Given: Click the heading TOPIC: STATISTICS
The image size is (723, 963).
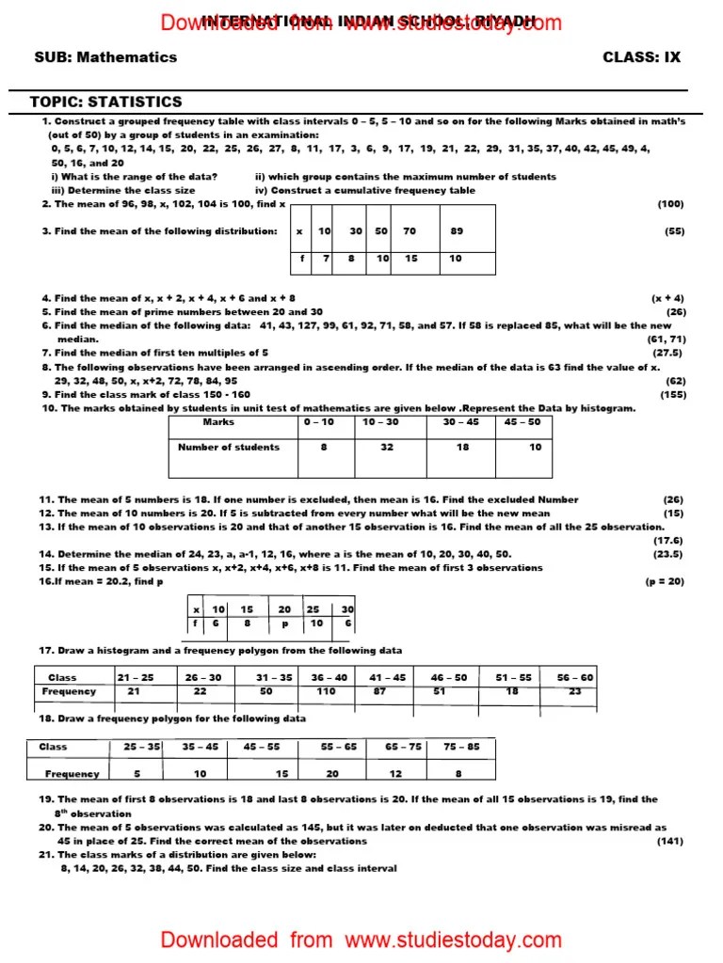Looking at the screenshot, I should [x=106, y=102].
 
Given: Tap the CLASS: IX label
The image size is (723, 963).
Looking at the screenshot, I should [x=641, y=57].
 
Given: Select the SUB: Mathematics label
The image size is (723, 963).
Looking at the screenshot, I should [x=105, y=57].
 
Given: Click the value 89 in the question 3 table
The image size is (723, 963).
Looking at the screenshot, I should [x=457, y=230].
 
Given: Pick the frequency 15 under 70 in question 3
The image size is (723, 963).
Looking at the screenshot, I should [x=410, y=259].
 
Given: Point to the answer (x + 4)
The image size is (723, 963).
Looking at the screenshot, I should [x=667, y=298].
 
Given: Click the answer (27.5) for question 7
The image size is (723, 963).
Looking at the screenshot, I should [x=667, y=353].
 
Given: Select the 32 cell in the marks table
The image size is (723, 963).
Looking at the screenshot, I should [x=387, y=448].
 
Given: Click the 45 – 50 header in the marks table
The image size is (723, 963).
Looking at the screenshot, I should [x=522, y=422].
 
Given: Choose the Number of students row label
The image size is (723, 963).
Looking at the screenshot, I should [x=229, y=448].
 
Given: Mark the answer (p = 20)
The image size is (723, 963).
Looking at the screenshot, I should [x=665, y=582].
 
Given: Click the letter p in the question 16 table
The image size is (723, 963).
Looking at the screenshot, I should [x=284, y=624].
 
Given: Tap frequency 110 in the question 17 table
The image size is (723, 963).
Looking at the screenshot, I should [x=326, y=691].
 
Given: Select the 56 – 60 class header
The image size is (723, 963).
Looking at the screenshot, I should [x=574, y=677].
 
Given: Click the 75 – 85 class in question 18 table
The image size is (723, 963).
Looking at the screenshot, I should [x=461, y=747].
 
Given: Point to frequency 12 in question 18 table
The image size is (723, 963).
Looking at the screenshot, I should [x=395, y=774].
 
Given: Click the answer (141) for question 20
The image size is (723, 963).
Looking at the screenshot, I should [x=670, y=841].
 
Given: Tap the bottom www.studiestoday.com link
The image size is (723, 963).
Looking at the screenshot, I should [x=454, y=939].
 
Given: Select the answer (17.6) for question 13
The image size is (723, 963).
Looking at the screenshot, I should [x=668, y=541].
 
